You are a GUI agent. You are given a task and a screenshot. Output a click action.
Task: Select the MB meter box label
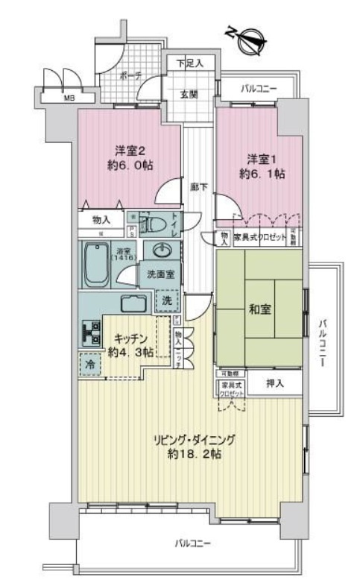(x=68, y=97)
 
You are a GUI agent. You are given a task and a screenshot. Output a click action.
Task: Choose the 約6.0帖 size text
(x=127, y=165)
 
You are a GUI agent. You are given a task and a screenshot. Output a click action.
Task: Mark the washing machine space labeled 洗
(x=167, y=300)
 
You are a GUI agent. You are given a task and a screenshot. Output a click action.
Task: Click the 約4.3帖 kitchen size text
(x=127, y=350)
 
